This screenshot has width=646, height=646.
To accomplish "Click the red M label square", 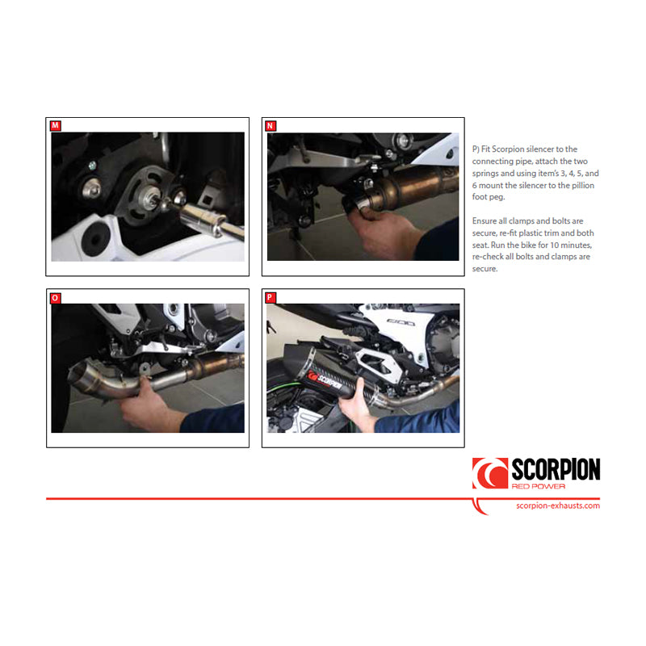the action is click(x=55, y=126).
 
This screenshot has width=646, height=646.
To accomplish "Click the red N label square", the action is click(x=271, y=126).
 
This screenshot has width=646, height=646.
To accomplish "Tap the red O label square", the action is click(x=55, y=298).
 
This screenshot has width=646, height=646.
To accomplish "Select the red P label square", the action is click(x=271, y=297).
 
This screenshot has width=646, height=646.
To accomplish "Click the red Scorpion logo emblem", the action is click(x=490, y=473).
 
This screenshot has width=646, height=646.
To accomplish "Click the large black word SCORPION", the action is click(x=556, y=470).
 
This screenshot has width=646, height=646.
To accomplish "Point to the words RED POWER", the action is click(x=539, y=487).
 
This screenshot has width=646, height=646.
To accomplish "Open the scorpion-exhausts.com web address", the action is click(x=558, y=505).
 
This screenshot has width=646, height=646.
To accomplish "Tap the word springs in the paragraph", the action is click(x=485, y=174).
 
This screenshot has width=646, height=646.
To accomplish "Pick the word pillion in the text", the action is click(x=581, y=186).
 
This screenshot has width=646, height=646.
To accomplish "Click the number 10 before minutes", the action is click(x=555, y=245).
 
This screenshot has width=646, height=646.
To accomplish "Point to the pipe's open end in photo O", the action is click(x=76, y=374).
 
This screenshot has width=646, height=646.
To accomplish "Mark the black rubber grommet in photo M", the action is click(x=95, y=240).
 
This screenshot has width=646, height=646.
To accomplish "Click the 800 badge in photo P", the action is click(x=401, y=322).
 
